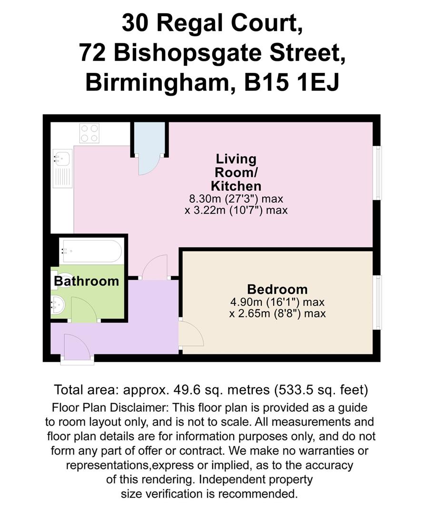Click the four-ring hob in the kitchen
coord(89,133)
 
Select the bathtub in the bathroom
coord(92,251)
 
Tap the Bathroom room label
coord(86,281)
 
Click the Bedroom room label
coord(277,289)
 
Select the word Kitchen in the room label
coord(236,186)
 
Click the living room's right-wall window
coord(377,173)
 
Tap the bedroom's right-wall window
coord(377,303)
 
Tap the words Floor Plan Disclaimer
coord(110,408)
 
